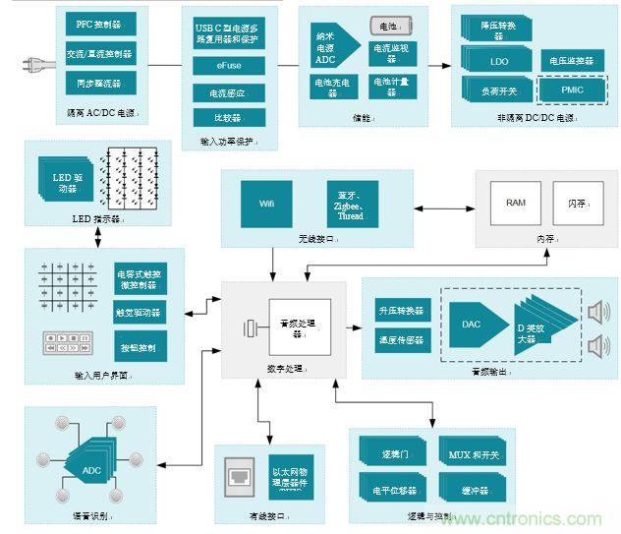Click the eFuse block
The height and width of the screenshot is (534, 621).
coord(227,67)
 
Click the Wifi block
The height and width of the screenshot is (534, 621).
coord(267,203)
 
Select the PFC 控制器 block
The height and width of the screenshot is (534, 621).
coord(98,23)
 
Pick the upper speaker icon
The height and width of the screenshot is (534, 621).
coord(596,312)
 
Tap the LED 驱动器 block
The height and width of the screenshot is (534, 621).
coord(65,182)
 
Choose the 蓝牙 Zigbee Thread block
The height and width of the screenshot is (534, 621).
coord(351,203)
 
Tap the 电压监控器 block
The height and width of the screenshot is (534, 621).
coord(570,61)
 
